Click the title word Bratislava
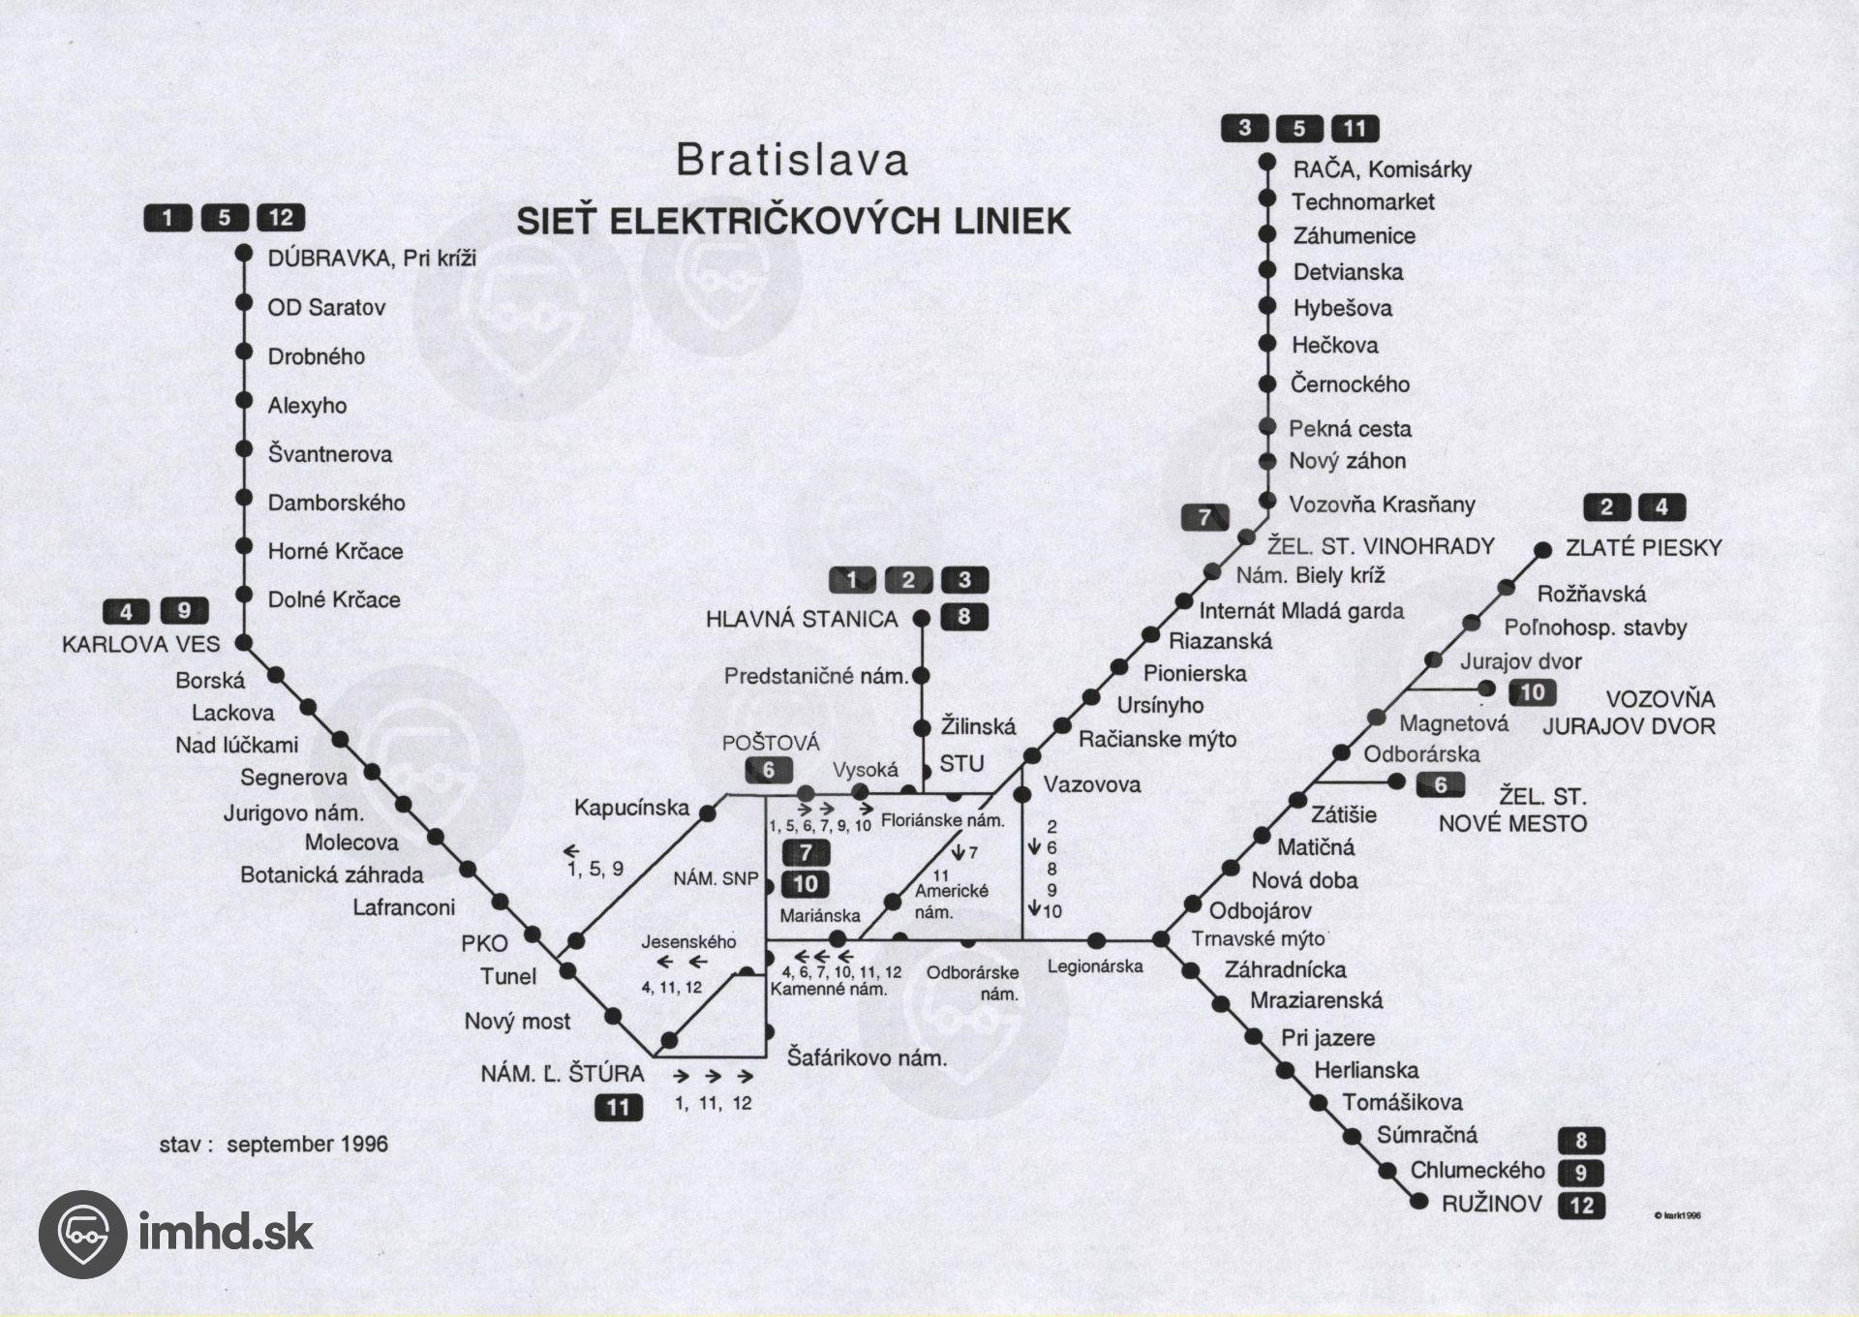pyautogui.click(x=792, y=161)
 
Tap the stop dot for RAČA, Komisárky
pyautogui.click(x=1266, y=163)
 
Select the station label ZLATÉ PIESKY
pyautogui.click(x=1643, y=548)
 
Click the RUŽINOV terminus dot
pyautogui.click(x=1419, y=1202)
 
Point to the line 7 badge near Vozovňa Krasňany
pyautogui.click(x=1205, y=517)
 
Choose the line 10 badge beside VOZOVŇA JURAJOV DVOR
pyautogui.click(x=1532, y=691)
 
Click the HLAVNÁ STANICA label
pyautogui.click(x=802, y=620)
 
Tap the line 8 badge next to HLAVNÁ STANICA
pyautogui.click(x=963, y=617)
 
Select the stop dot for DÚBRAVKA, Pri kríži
pyautogui.click(x=244, y=255)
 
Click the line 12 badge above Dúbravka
pyautogui.click(x=281, y=217)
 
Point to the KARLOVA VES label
pyautogui.click(x=141, y=644)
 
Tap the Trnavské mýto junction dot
pyautogui.click(x=1161, y=938)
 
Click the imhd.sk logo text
pyautogui.click(x=226, y=1234)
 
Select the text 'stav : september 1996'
pyautogui.click(x=273, y=1144)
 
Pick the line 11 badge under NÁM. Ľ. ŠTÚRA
pyautogui.click(x=619, y=1107)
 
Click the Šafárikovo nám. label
pyautogui.click(x=867, y=1057)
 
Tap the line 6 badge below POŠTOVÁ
pyautogui.click(x=769, y=770)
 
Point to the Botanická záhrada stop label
pyautogui.click(x=332, y=874)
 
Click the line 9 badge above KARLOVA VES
pyautogui.click(x=184, y=611)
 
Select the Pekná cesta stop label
pyautogui.click(x=1350, y=428)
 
